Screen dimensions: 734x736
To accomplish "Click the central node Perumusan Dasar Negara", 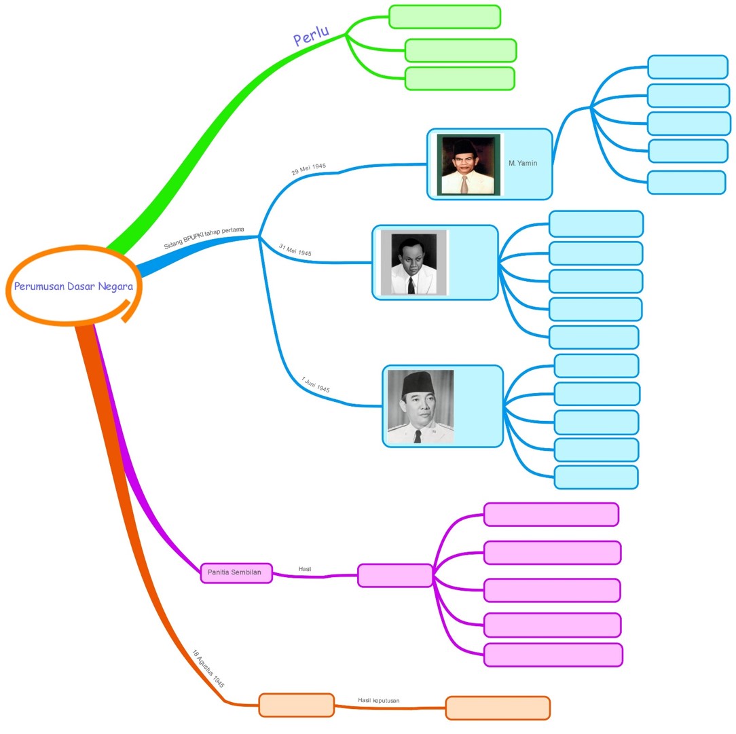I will click(73, 286).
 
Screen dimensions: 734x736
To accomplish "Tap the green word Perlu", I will click(311, 36).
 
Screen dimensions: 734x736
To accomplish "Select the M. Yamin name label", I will click(523, 164).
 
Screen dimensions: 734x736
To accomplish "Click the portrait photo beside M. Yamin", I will click(468, 164).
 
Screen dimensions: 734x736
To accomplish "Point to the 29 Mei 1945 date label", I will click(309, 169).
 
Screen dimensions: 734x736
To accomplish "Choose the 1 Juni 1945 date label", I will click(316, 385).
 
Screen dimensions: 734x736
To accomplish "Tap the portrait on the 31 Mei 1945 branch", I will click(413, 262).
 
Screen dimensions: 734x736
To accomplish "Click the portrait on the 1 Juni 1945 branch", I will click(420, 406).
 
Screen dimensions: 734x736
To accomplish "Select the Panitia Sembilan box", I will click(236, 573).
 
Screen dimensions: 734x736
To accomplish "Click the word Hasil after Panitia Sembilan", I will click(305, 569).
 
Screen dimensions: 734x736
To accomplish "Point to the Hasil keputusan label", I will click(379, 700).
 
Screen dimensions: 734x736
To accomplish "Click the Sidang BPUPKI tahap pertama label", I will click(204, 237).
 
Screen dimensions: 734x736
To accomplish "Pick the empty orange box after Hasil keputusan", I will click(498, 708).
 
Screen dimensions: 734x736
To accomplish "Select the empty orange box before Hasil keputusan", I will click(297, 705).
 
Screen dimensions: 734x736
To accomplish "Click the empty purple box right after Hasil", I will click(395, 575).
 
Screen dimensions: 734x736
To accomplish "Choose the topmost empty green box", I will click(445, 17).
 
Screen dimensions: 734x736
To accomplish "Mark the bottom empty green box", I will click(460, 79).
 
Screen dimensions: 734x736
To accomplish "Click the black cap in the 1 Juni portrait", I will click(413, 384).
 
